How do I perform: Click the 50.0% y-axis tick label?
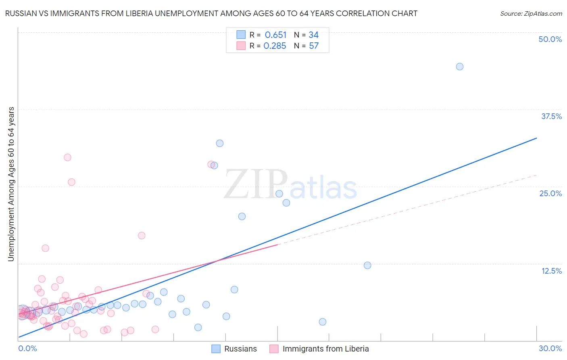[550, 39]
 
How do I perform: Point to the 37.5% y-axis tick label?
[551, 116]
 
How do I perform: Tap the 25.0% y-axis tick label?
[550, 193]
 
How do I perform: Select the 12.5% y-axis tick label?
[551, 271]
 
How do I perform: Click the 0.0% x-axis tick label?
[27, 348]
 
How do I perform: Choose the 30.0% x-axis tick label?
[550, 348]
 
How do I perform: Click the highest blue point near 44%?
[459, 67]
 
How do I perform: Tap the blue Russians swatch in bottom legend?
[216, 349]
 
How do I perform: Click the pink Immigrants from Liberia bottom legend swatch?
[274, 349]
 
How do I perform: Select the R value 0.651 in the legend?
[275, 35]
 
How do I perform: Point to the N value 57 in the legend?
[314, 46]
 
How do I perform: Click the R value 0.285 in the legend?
[275, 46]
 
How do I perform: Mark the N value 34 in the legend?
[313, 35]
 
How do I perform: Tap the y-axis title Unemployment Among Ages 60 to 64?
[11, 184]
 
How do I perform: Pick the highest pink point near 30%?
[67, 157]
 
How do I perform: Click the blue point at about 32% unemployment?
[219, 143]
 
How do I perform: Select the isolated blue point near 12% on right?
[367, 265]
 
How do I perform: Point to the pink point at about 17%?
[141, 236]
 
